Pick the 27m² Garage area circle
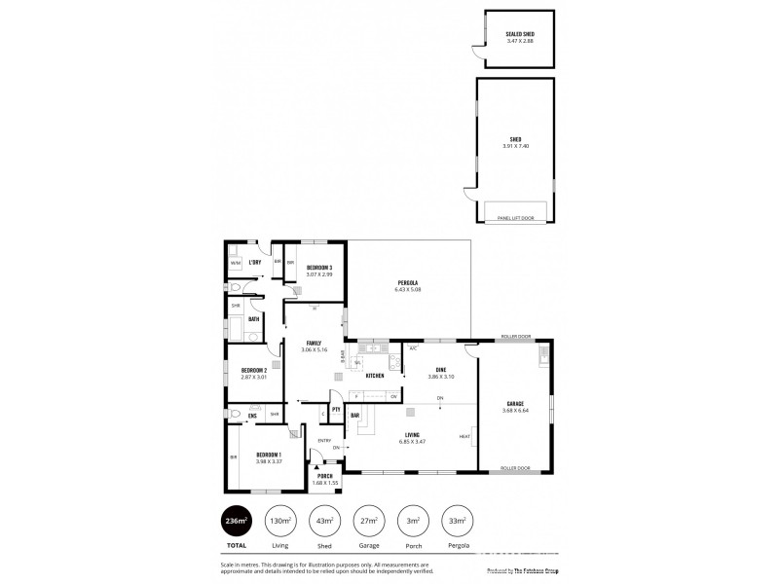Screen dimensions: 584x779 (x=368, y=521)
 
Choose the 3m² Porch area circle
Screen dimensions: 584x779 (x=413, y=521)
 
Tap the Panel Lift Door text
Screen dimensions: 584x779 (x=514, y=218)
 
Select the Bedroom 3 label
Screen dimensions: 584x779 (x=319, y=268)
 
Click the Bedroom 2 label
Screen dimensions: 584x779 (x=255, y=369)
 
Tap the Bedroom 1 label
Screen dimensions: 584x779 (x=269, y=455)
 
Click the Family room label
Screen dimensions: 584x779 (x=314, y=343)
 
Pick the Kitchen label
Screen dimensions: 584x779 (x=375, y=375)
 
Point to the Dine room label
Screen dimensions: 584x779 (x=440, y=369)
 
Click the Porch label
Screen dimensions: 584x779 (x=323, y=476)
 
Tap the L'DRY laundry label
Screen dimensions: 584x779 (x=255, y=263)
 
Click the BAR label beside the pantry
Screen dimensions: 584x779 (x=355, y=416)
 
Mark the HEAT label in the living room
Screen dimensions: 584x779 (x=464, y=436)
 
